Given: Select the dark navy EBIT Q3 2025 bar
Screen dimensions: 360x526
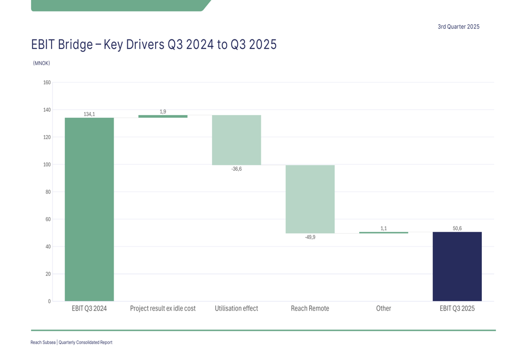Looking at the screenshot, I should click(457, 266).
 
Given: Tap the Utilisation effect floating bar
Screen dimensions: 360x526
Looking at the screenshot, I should click(236, 140).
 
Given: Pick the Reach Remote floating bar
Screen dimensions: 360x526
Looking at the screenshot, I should click(310, 199).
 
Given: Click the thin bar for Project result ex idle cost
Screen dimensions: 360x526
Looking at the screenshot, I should click(163, 116).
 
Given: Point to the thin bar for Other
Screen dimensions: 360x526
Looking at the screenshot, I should click(383, 232).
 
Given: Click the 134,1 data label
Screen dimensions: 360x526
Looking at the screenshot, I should click(89, 114).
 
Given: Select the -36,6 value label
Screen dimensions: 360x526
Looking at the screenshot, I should click(237, 169).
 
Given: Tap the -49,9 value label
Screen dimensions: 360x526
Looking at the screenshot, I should click(310, 238).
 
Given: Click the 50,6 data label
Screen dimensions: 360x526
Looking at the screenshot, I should click(457, 228).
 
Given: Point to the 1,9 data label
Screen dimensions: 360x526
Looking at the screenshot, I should click(163, 111).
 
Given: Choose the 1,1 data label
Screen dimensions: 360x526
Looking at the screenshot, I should click(383, 228).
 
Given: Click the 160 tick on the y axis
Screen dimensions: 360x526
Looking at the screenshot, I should click(47, 83).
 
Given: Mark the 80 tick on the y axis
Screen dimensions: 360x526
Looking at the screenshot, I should click(48, 192).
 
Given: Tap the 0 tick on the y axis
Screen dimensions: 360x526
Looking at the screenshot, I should click(49, 301).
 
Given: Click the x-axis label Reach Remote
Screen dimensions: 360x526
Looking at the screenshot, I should click(310, 308).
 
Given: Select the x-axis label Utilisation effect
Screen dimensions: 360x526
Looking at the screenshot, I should click(236, 308).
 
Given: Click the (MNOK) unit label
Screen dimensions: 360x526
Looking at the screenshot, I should click(42, 63).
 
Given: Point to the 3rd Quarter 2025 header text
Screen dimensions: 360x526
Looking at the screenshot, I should click(458, 27).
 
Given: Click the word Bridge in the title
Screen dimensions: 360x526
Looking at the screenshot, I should click(76, 45).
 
